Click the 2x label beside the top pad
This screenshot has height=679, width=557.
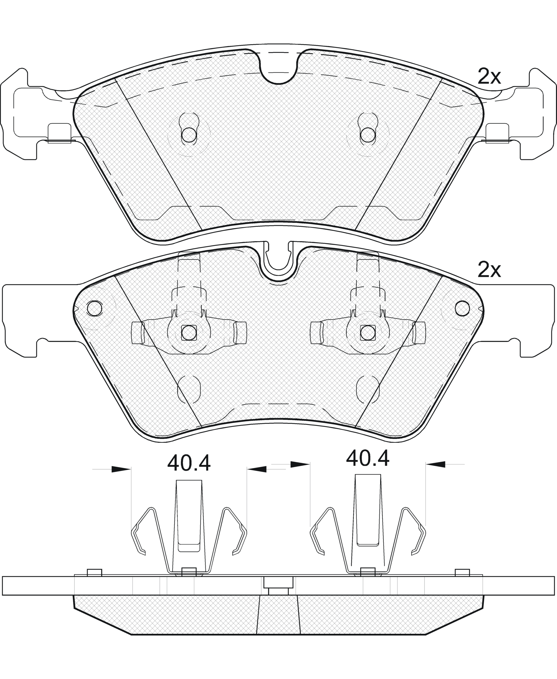click(x=489, y=76)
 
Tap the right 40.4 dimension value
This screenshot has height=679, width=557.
click(x=368, y=458)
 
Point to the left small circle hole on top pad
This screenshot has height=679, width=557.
click(x=189, y=135)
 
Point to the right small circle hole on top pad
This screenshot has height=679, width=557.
click(x=368, y=135)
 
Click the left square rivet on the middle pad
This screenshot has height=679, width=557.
click(x=189, y=333)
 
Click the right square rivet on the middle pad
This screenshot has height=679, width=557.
click(x=368, y=333)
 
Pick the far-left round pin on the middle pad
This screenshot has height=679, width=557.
click(x=95, y=309)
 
